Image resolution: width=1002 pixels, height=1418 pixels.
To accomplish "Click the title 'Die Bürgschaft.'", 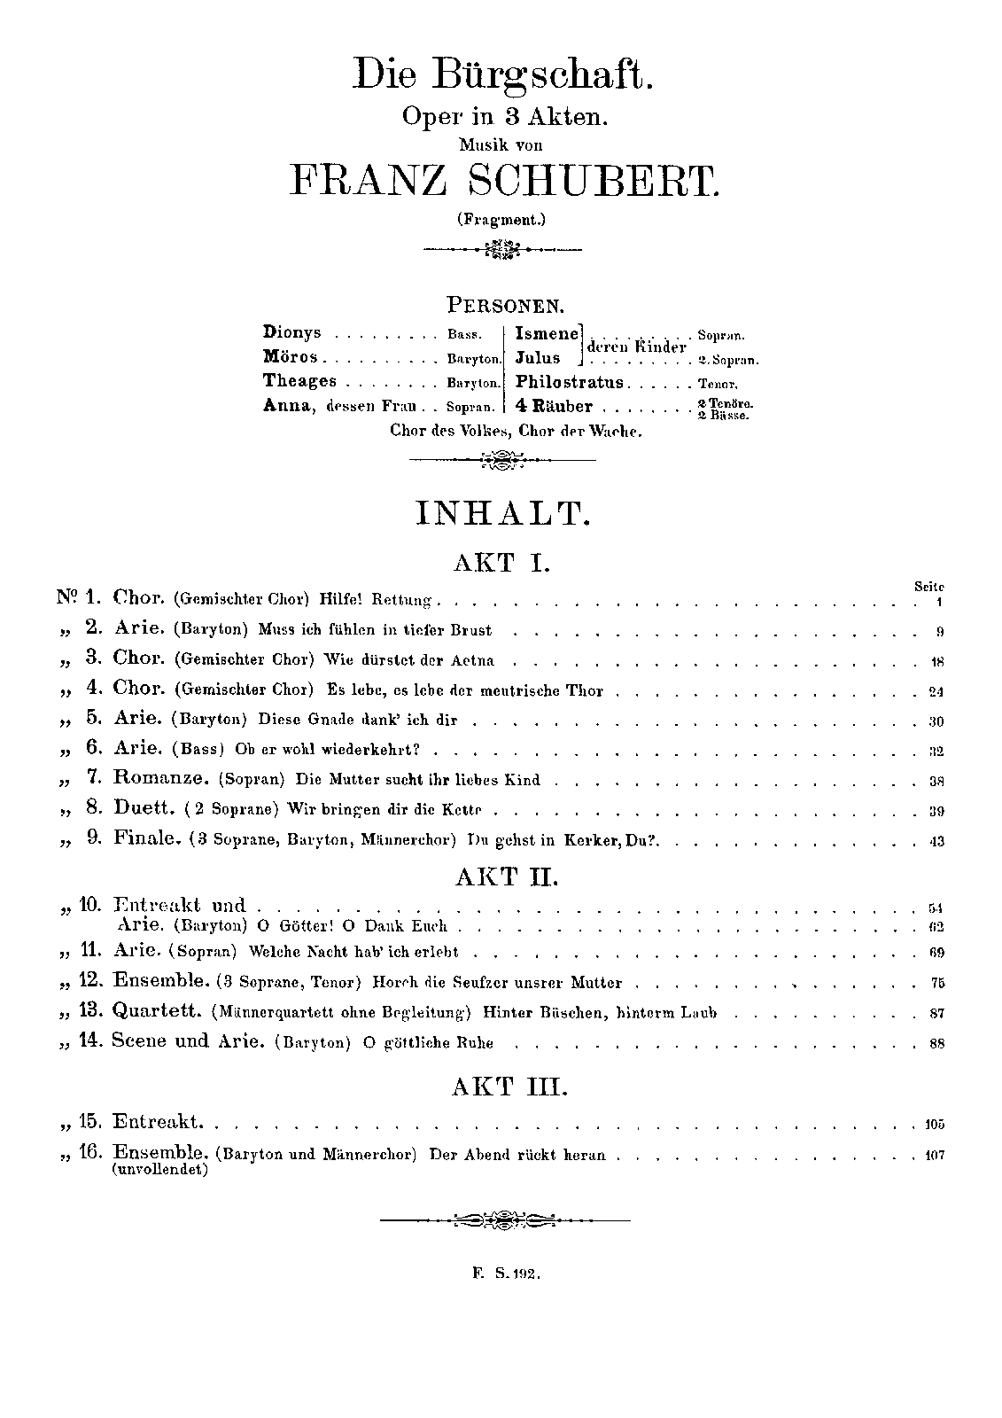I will click(x=502, y=74).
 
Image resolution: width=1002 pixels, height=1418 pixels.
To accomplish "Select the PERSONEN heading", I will click(x=505, y=306).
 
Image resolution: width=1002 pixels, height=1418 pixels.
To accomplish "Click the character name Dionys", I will click(x=291, y=333).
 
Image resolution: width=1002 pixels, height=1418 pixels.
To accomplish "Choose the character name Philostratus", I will click(x=570, y=383).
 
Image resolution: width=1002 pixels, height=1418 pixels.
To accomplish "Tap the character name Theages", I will click(x=299, y=381).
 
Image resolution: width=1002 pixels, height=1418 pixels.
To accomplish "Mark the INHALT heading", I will click(x=502, y=514).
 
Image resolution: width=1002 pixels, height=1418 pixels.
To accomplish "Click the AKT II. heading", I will click(x=502, y=877).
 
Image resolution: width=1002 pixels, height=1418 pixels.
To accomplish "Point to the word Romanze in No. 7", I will click(x=160, y=779).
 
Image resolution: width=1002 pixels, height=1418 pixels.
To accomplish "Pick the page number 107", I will click(x=934, y=1156).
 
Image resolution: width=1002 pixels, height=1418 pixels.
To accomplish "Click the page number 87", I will click(x=937, y=1013).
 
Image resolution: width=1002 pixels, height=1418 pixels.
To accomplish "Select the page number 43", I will click(x=937, y=841).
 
